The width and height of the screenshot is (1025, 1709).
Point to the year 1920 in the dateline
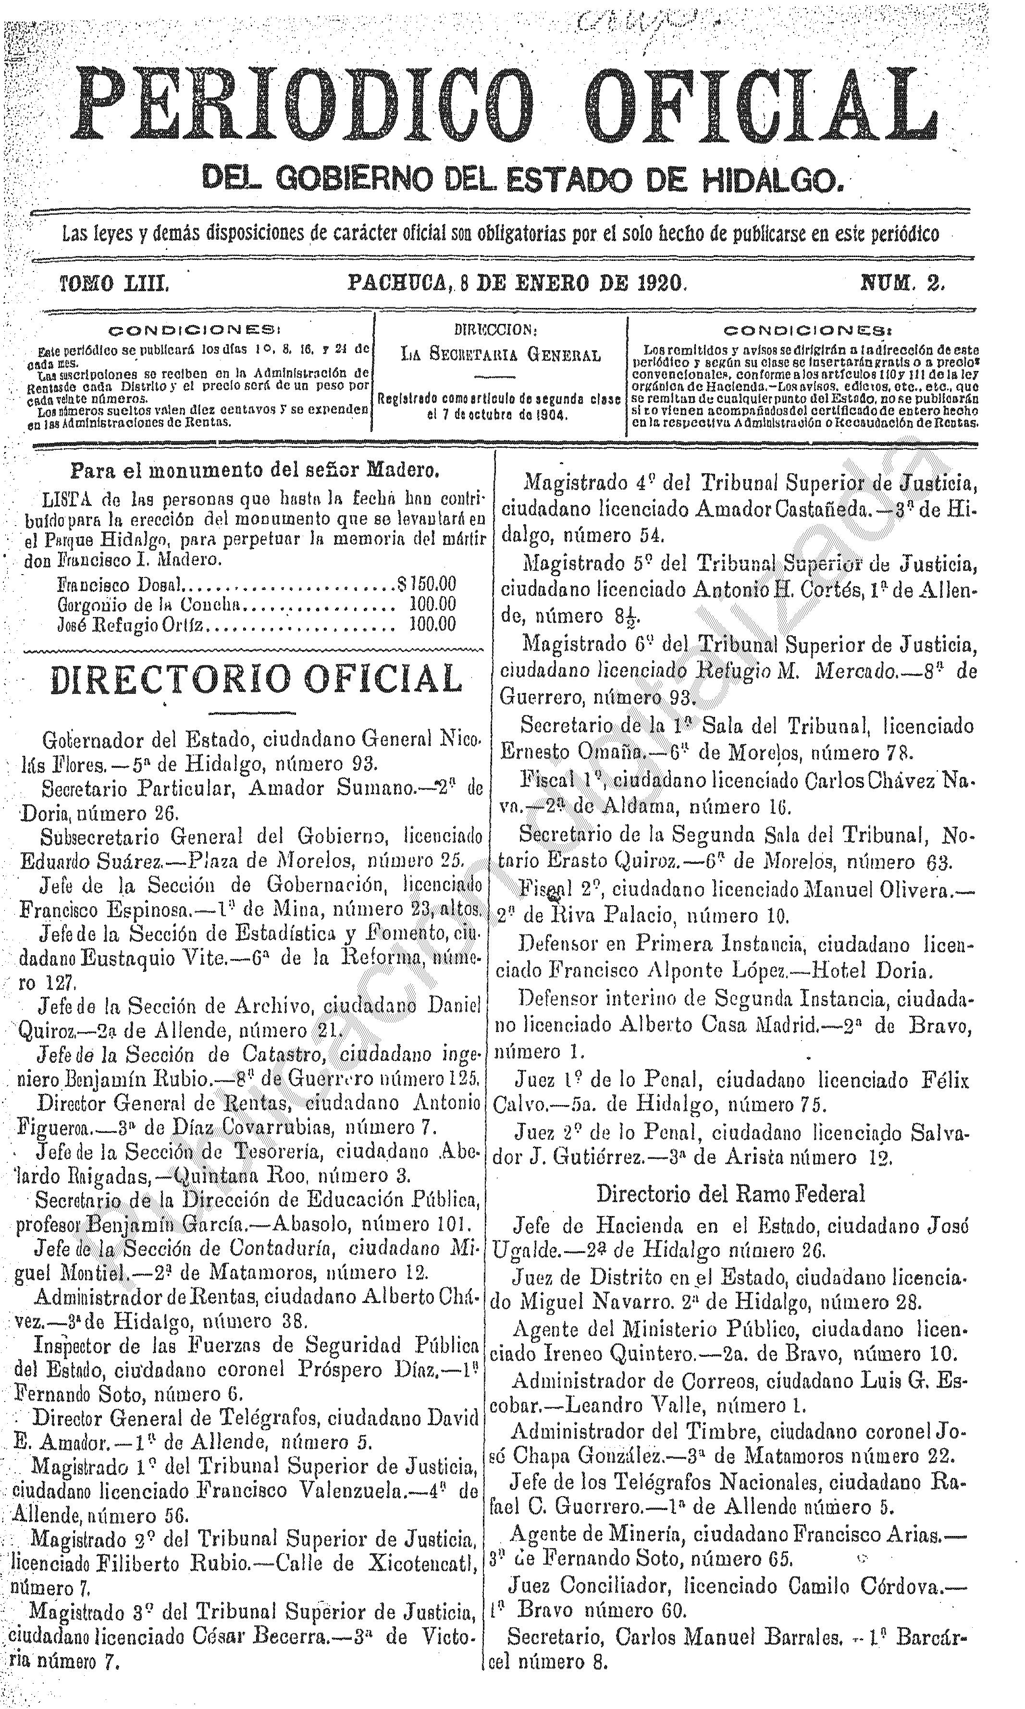tap(652, 283)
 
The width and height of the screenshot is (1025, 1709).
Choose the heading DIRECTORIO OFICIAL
tap(256, 679)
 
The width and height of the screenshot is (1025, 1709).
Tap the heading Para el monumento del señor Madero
tap(256, 472)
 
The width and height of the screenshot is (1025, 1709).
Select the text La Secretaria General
tap(501, 357)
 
